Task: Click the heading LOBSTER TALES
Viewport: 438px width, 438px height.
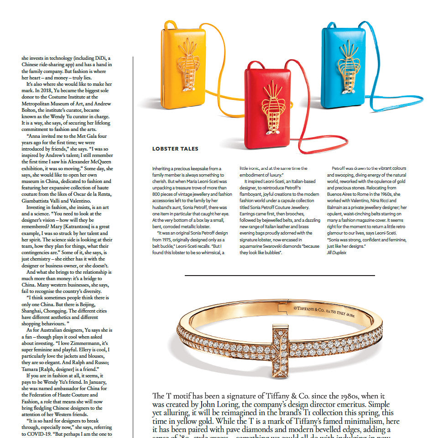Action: [x=175, y=149]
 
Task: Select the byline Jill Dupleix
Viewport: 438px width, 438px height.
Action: [x=336, y=252]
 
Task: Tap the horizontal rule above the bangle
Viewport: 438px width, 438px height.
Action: [x=279, y=276]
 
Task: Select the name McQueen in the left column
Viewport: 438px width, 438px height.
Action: [x=99, y=162]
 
